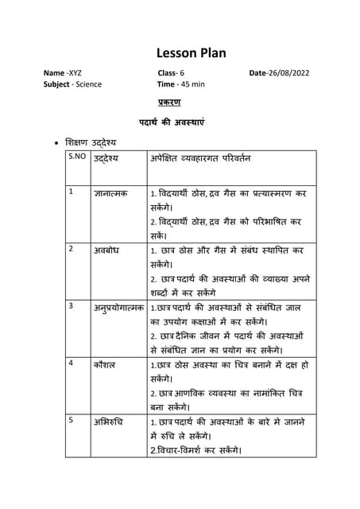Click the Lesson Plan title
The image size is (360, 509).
coord(191,53)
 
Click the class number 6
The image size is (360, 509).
coord(185,73)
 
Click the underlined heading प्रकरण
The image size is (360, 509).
coord(170,103)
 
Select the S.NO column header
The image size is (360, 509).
coord(77,157)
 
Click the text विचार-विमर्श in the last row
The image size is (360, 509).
coord(182,450)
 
